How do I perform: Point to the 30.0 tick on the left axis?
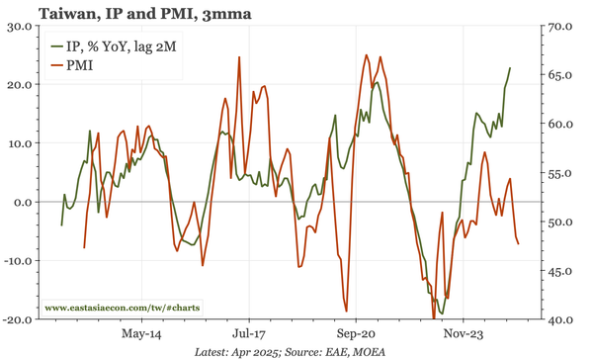pyautogui.click(x=18, y=26)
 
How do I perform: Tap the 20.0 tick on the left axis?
pyautogui.click(x=18, y=84)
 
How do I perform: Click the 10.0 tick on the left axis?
pyautogui.click(x=18, y=143)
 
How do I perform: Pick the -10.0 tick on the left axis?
pyautogui.click(x=16, y=261)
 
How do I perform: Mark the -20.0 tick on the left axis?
pyautogui.click(x=16, y=319)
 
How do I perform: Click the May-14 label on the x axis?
pyautogui.click(x=139, y=334)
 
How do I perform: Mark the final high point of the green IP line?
pyautogui.click(x=510, y=68)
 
